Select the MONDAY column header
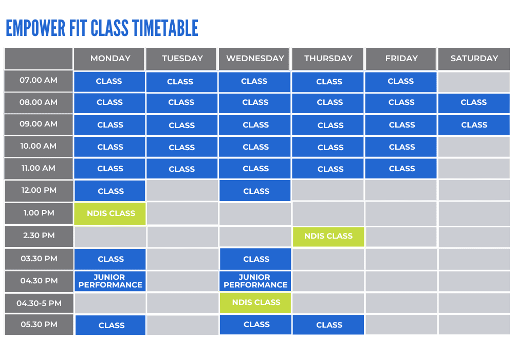click(x=110, y=59)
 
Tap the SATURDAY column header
click(x=474, y=59)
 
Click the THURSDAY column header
click(x=328, y=59)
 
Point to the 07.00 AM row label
click(x=39, y=80)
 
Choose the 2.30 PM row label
click(x=39, y=236)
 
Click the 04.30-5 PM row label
click(x=39, y=303)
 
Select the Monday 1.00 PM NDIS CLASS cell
click(x=110, y=213)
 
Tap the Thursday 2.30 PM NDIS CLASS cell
click(x=328, y=236)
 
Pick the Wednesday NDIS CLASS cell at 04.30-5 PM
click(x=255, y=303)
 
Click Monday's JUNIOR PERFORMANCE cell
click(x=110, y=281)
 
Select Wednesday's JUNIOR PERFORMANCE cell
click(x=255, y=281)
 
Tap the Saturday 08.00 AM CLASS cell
click(x=474, y=103)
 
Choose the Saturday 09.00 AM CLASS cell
click(x=474, y=125)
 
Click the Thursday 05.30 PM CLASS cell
click(x=328, y=325)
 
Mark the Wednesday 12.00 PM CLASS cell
click(x=255, y=191)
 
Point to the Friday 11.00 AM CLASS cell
click(x=401, y=169)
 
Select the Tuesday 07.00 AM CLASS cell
click(x=181, y=82)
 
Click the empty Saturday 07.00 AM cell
click(x=474, y=81)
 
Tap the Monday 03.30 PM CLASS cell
click(x=110, y=259)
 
